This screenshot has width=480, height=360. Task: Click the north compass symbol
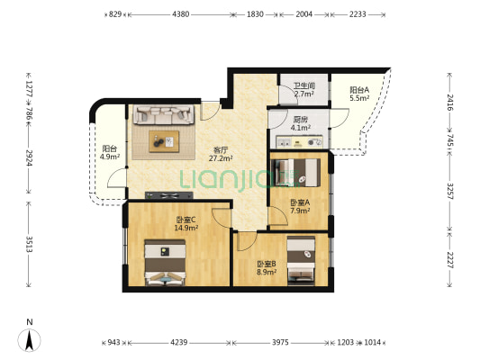point(29,337)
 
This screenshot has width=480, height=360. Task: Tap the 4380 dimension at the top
point(181,14)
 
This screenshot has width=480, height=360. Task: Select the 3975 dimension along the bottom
point(280,342)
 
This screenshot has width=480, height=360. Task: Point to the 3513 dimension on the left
point(30,244)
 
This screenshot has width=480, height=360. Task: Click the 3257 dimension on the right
point(450,191)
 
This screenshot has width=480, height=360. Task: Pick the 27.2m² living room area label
point(221,158)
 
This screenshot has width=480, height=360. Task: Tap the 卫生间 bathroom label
point(304,85)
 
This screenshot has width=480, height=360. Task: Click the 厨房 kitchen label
point(300,120)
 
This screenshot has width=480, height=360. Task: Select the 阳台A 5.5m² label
point(359,94)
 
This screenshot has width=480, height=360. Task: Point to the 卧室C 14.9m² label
point(186,223)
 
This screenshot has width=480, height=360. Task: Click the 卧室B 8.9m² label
point(267,267)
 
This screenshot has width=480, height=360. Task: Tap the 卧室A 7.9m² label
point(300,206)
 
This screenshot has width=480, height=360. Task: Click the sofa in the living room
point(164,114)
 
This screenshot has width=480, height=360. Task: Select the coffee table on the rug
point(164,141)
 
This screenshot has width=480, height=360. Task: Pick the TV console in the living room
point(169,195)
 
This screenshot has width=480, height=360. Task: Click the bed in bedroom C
point(165,263)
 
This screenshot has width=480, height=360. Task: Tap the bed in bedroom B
point(301,260)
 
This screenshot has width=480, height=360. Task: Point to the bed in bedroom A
point(297,173)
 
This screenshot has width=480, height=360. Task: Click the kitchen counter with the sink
point(299,142)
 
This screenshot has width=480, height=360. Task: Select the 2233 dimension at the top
point(358,14)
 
